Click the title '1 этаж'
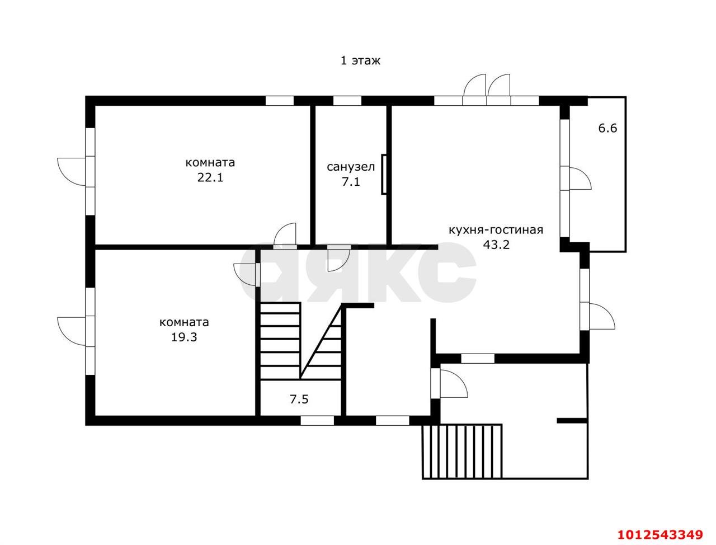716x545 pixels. click(360, 60)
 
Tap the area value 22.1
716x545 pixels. click(210, 178)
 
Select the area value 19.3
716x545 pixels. click(184, 337)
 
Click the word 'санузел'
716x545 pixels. click(351, 167)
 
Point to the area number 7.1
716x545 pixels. click(351, 182)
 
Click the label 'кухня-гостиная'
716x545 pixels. click(496, 230)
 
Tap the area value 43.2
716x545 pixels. click(496, 245)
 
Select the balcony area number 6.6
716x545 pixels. click(607, 128)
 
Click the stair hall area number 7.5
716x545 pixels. click(299, 399)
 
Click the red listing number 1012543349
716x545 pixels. click(661, 534)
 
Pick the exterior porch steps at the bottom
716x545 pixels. click(462, 451)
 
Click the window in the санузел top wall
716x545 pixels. click(347, 101)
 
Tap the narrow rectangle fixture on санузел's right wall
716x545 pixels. click(384, 175)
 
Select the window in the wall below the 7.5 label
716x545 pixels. click(317, 421)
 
